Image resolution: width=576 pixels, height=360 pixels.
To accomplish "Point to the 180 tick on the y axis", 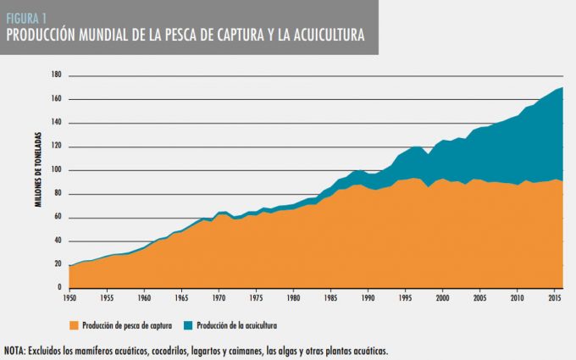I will pos(58,75).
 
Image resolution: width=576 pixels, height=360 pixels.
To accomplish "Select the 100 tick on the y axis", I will pos(58,169).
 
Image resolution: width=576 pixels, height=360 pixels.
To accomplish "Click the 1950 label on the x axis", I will pos(69,298).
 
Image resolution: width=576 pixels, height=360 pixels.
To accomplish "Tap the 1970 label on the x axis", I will pos(219,298).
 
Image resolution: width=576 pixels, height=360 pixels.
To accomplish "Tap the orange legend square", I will pos(74,324).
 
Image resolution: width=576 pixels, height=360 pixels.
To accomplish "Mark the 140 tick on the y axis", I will pos(58,122).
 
